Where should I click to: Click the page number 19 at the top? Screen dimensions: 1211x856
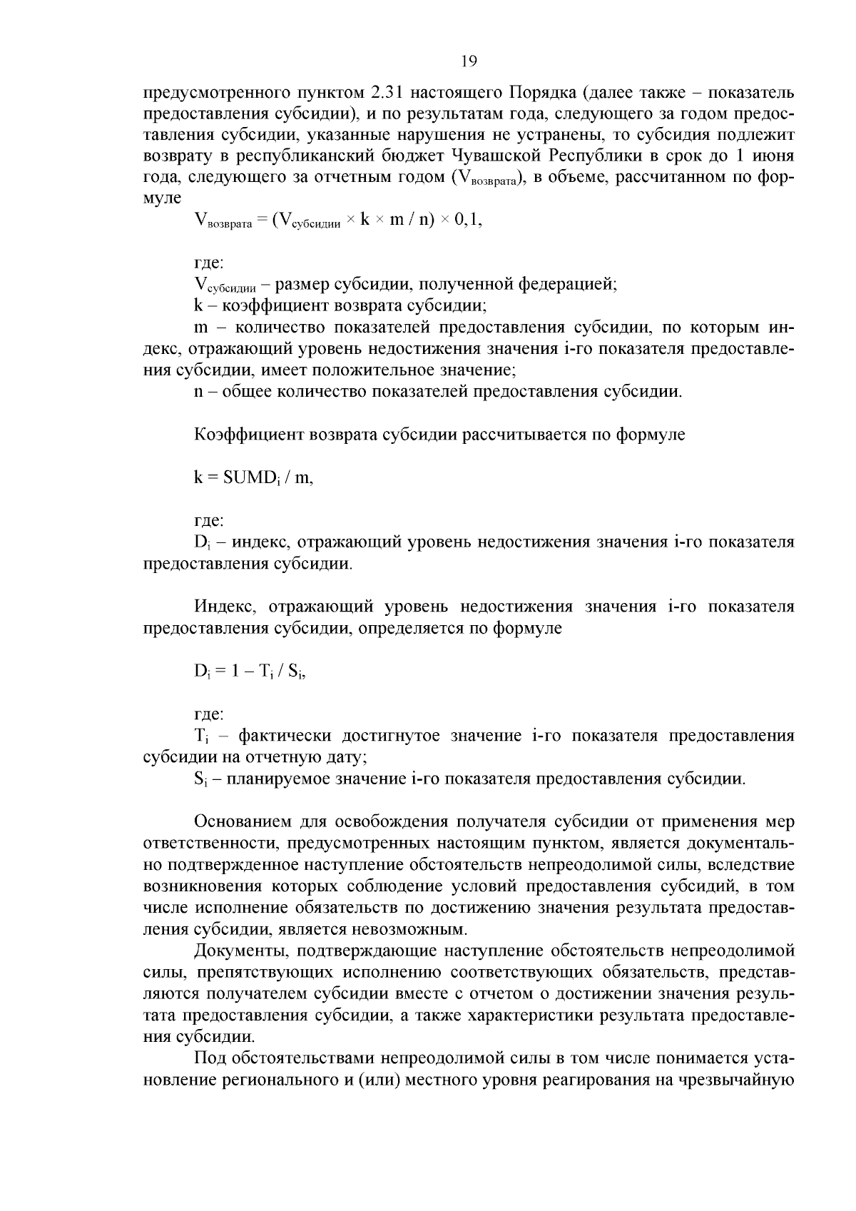pyautogui.click(x=469, y=61)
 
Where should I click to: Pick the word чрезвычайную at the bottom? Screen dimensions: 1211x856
pyautogui.click(x=744, y=1080)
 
